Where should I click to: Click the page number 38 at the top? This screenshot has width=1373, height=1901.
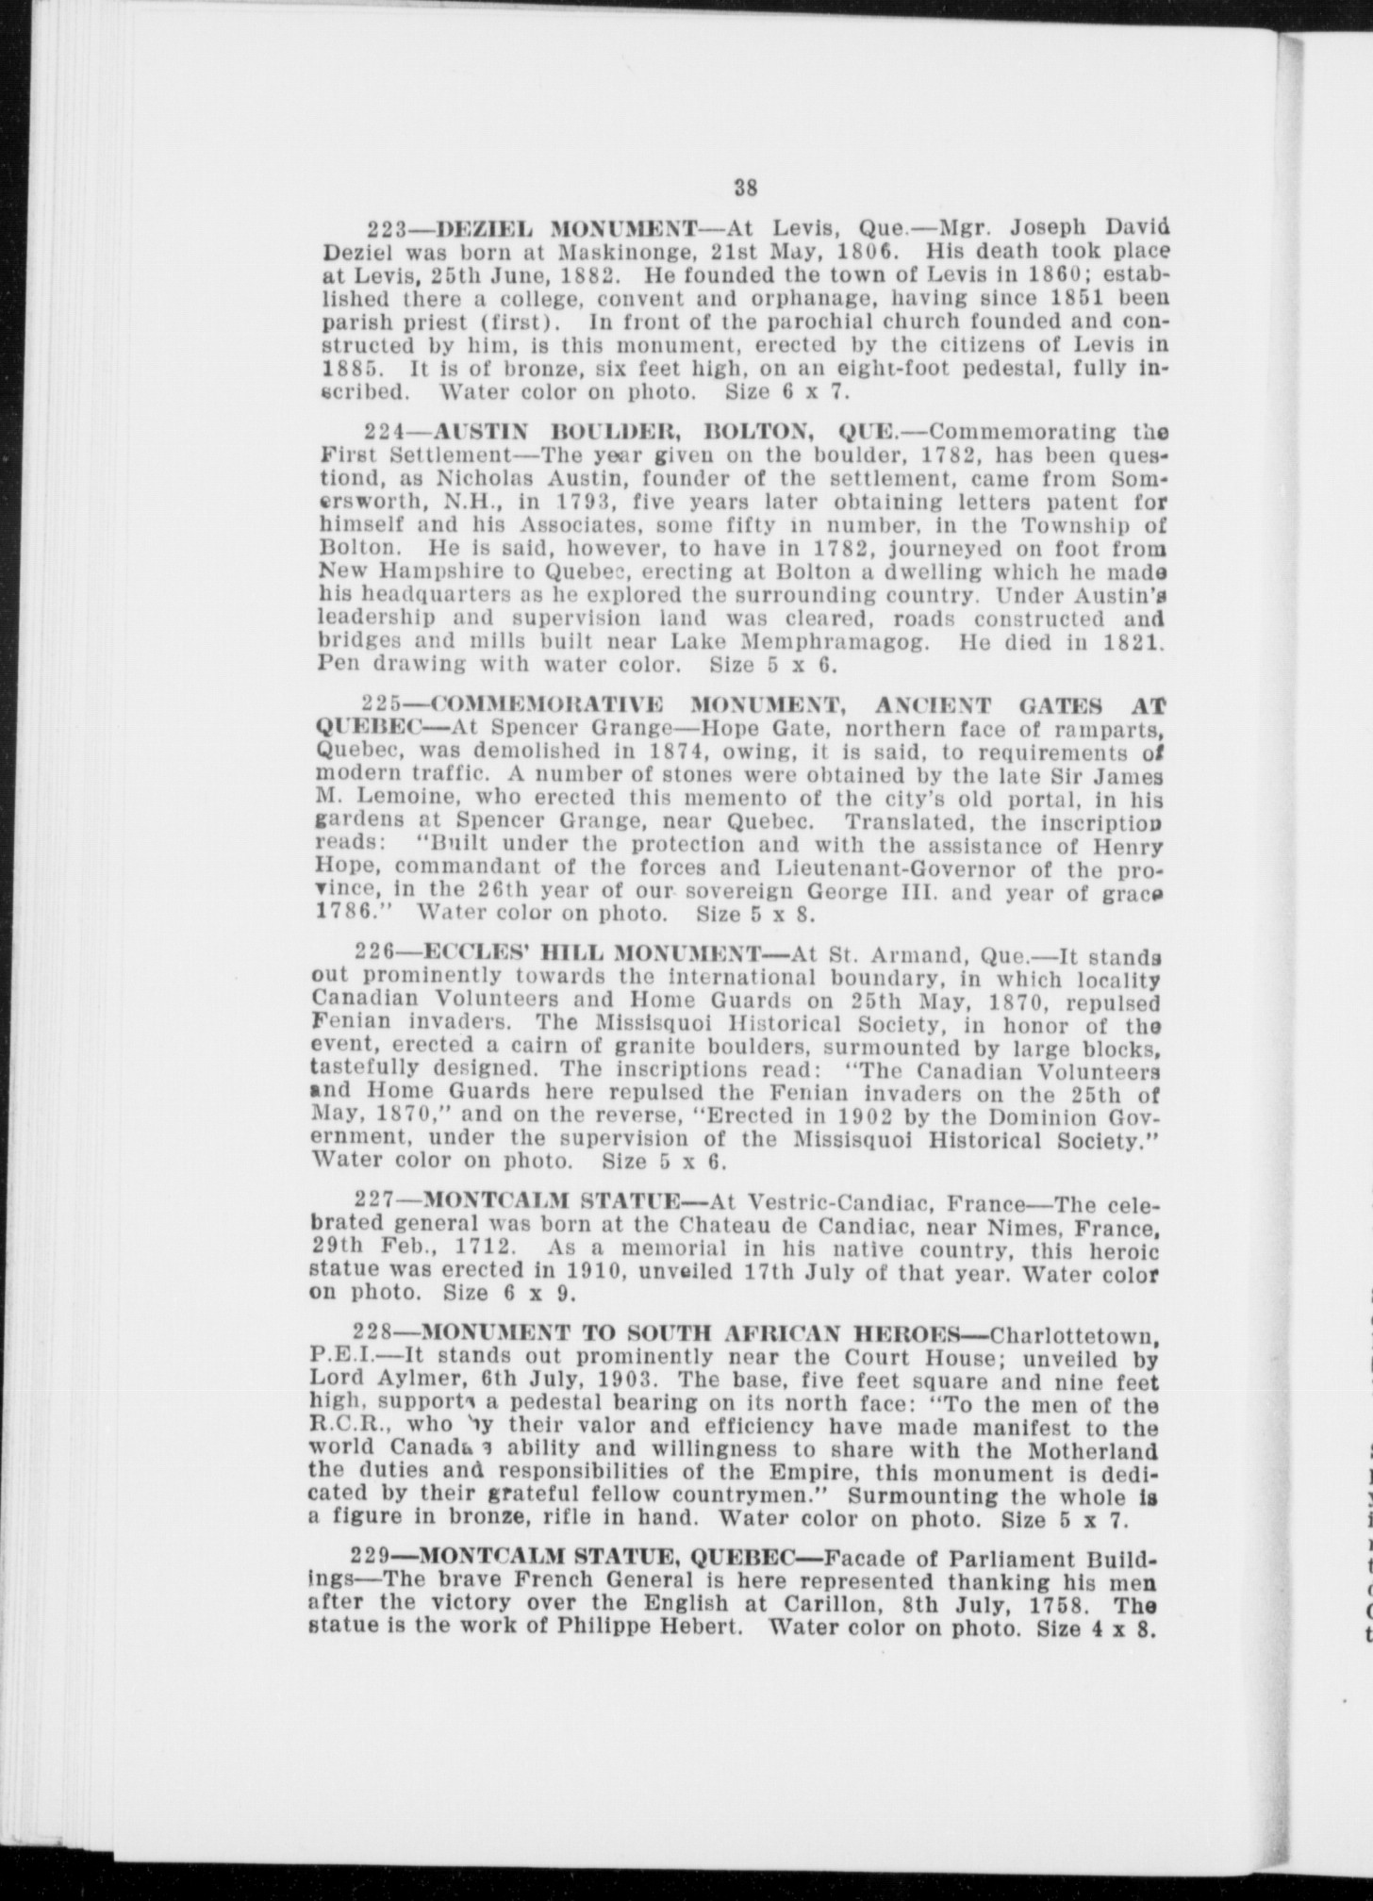coord(745,188)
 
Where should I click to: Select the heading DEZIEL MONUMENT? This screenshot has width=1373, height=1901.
coord(557,229)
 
